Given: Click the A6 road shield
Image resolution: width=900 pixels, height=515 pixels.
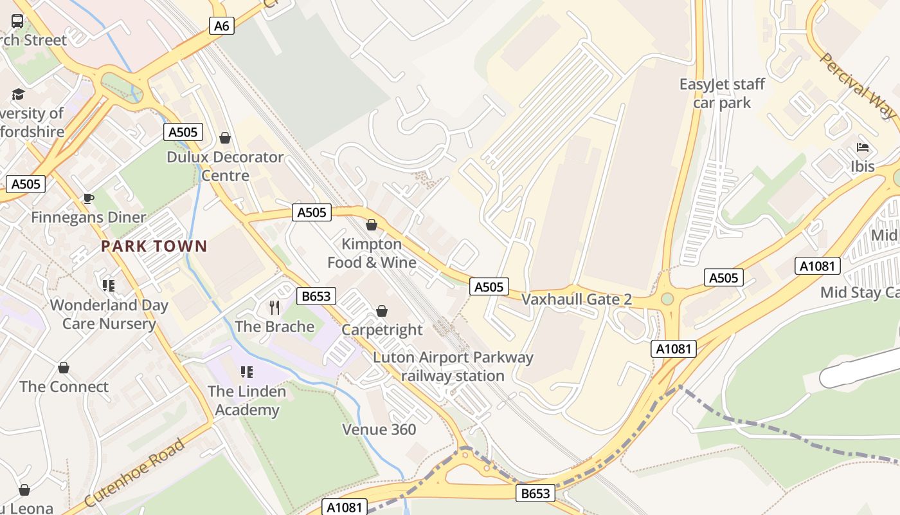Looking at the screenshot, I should coord(221,26).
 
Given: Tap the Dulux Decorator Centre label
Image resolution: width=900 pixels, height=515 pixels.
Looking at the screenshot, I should coord(225,166).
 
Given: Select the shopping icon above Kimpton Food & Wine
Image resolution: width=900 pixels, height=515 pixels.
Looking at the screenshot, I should coord(371,225).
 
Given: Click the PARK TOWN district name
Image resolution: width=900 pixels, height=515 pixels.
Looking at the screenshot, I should coord(154,246).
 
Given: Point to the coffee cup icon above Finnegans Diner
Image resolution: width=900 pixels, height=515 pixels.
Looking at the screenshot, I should coord(88,198).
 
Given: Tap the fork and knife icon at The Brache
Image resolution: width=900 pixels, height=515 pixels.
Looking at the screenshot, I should coord(274,307).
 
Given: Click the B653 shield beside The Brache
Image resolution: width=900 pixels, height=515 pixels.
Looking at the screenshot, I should coord(316,296).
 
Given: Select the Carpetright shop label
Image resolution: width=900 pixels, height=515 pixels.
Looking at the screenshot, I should coord(382,330).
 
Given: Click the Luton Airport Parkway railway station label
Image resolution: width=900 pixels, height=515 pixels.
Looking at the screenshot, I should coord(453,366).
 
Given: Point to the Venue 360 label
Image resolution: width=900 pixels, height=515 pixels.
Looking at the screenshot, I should coord(379,429).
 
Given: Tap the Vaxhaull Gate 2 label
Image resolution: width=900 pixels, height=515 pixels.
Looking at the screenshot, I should coord(577,299).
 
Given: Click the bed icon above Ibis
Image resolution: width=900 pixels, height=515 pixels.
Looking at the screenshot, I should coord(863,147).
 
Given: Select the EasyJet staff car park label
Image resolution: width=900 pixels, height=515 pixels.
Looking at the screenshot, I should coord(723,93).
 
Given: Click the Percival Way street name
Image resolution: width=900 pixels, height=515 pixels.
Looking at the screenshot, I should coord(858,85).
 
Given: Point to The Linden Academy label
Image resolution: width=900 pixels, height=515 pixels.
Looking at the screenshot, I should coord(247,400).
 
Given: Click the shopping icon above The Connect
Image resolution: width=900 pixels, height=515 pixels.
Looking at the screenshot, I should coord(63,368).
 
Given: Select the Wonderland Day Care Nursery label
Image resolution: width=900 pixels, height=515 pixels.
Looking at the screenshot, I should coord(109,314).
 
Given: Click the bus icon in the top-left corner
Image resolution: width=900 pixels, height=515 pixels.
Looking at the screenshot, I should coord(17,21).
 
